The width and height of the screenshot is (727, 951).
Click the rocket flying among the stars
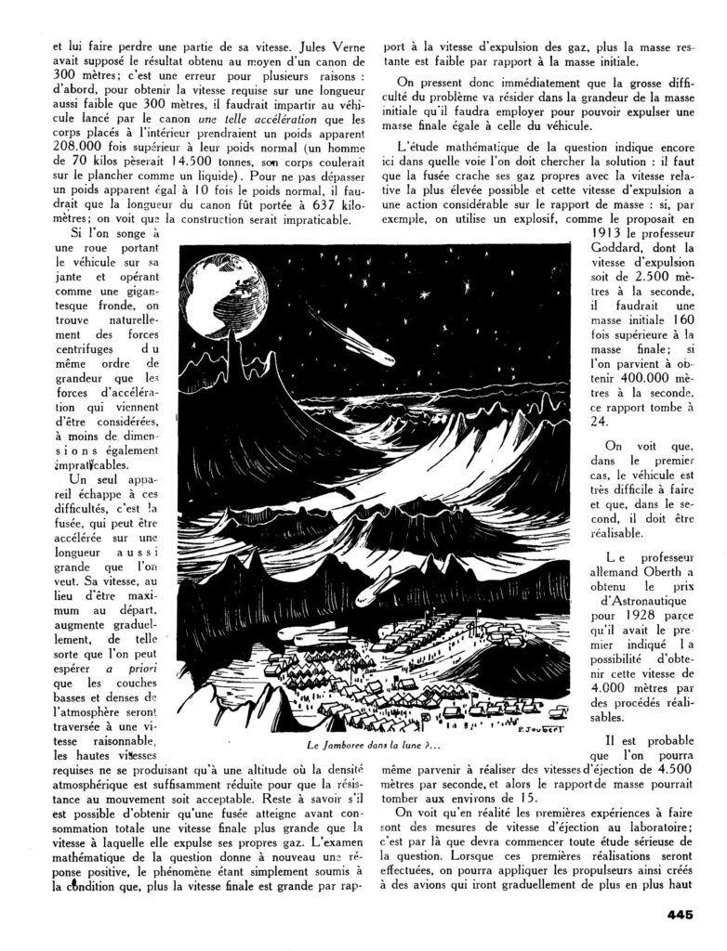336,342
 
